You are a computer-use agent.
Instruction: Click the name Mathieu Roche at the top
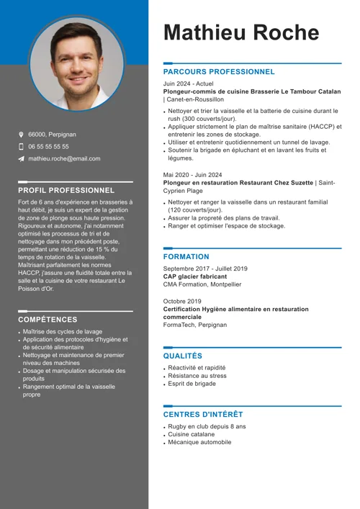click(240, 32)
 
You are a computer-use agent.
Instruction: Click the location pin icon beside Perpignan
click(22, 135)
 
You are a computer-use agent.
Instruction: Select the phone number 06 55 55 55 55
click(48, 146)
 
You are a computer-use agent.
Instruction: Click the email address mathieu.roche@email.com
click(64, 158)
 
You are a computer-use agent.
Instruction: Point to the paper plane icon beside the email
click(22, 158)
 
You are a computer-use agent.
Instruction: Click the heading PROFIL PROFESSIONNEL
click(66, 190)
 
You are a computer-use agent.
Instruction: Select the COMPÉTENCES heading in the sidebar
click(48, 320)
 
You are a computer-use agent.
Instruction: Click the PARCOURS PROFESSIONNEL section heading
click(219, 72)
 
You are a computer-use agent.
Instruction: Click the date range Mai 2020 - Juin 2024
click(192, 175)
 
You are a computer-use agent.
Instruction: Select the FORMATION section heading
click(186, 257)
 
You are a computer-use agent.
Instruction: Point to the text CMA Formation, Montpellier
click(202, 284)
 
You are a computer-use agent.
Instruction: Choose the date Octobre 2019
click(182, 301)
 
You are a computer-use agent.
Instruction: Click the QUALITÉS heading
click(183, 356)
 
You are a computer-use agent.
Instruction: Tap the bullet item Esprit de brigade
click(192, 384)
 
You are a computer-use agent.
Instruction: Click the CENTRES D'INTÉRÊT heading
click(203, 415)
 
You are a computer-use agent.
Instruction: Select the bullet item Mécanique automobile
click(199, 443)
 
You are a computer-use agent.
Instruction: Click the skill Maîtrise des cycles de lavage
click(63, 332)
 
